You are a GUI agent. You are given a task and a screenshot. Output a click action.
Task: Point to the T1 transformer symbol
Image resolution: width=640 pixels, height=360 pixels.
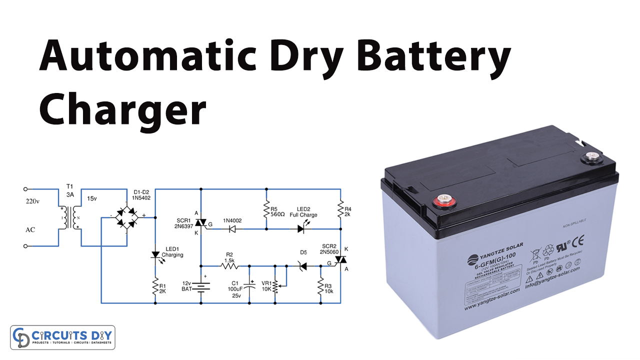69,217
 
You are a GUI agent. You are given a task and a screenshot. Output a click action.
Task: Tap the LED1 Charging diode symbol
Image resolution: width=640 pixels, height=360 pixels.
155,255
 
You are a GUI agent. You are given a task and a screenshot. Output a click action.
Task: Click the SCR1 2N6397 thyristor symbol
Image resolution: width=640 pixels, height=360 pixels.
200,222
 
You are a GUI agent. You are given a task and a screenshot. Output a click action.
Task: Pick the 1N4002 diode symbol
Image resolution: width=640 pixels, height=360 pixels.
231,229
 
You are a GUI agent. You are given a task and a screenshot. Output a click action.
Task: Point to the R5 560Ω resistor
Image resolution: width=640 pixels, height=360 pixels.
266,210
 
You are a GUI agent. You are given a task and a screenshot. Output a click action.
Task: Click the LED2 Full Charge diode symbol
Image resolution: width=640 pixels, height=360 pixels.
301,229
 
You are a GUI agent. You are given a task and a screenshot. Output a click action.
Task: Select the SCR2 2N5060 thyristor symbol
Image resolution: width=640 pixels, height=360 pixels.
340,259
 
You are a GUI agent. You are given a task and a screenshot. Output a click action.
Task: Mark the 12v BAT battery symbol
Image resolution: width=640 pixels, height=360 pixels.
200,286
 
